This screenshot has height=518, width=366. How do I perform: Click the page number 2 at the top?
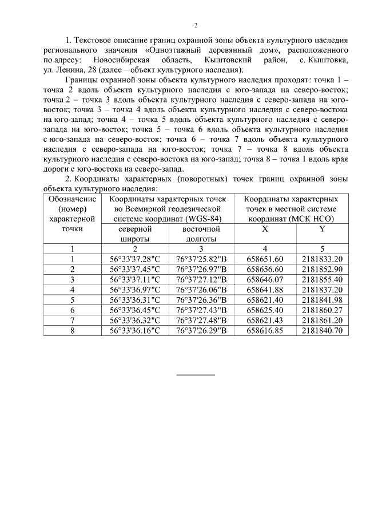[196, 25]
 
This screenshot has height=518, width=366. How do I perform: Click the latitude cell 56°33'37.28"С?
[135, 259]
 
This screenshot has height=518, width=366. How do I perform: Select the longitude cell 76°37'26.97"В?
[201, 269]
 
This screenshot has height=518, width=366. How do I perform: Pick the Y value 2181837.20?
[322, 289]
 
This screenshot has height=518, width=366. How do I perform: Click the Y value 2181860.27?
[322, 310]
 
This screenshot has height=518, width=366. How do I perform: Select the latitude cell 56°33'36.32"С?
[135, 320]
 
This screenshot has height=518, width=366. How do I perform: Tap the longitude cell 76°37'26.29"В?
[201, 330]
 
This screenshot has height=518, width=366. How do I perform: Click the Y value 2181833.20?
[322, 259]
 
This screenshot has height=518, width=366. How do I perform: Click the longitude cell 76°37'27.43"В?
[201, 310]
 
